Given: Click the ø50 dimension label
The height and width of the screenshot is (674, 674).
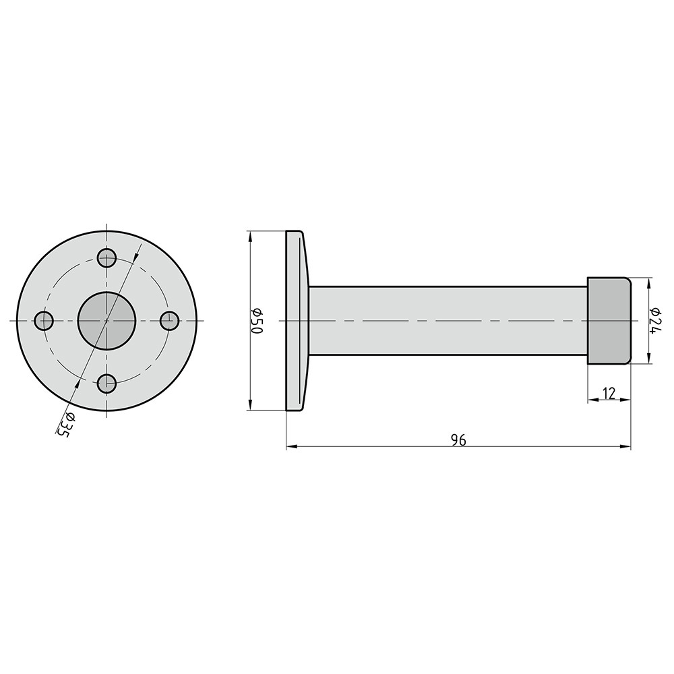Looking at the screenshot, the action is click(x=256, y=321).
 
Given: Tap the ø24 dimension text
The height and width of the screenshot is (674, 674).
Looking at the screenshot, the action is click(x=655, y=320).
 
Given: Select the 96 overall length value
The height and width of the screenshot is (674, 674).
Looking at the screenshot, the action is click(x=458, y=440).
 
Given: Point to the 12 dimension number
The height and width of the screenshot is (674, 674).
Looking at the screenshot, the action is click(x=609, y=393).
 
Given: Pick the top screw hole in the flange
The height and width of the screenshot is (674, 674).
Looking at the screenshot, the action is click(x=106, y=258).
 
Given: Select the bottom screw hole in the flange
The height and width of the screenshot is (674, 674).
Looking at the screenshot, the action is click(x=106, y=384).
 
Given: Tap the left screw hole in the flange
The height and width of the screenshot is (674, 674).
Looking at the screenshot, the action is click(x=43, y=321).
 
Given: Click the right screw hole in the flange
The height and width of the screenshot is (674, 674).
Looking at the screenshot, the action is click(x=170, y=321).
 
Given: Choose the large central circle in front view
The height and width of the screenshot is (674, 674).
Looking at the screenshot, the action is click(x=106, y=321).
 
